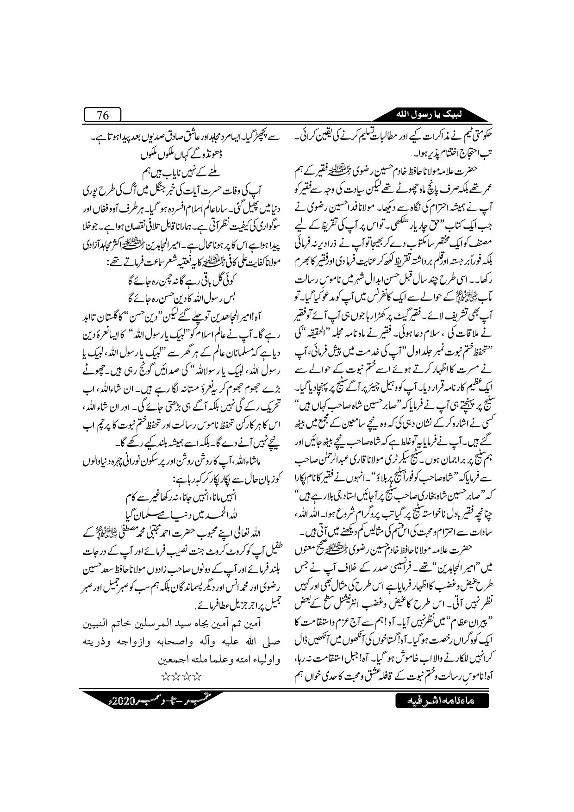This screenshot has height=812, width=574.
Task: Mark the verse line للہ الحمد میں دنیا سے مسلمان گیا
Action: [x=187, y=517]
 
